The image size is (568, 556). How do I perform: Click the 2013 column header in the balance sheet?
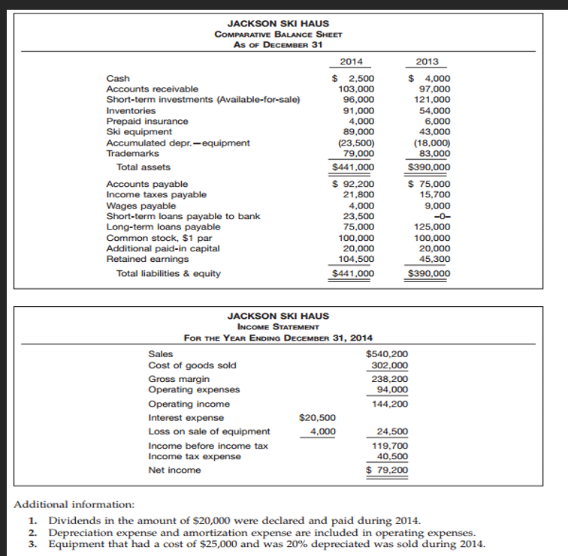point(428,62)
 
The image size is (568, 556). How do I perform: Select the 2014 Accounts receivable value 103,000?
point(358,89)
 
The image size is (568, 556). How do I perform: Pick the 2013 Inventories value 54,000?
point(433,110)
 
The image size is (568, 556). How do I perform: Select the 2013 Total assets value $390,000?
point(428,167)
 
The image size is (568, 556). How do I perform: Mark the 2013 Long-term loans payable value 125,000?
point(432,227)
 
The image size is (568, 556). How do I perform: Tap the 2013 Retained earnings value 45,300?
point(434,259)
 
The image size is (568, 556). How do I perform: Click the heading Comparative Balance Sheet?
point(278,35)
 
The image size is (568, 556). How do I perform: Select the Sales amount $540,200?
point(386,354)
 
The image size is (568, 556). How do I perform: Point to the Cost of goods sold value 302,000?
point(389,365)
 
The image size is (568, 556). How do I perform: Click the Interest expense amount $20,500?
point(317,417)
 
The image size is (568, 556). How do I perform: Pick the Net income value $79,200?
point(387,470)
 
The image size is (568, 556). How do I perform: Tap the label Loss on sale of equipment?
point(210,431)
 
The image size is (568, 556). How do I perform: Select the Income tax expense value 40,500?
point(391,456)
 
